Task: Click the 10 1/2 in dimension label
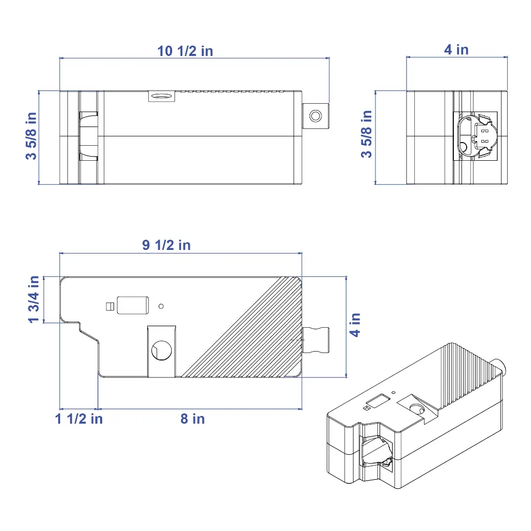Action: pos(185,51)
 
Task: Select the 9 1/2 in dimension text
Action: pos(166,245)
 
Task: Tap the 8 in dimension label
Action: pos(192,418)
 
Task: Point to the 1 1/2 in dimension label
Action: pos(79,418)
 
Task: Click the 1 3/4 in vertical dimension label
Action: pos(34,299)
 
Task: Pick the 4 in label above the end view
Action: pos(456,49)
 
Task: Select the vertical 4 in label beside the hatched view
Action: pos(355,325)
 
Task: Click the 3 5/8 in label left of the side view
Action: pos(32,136)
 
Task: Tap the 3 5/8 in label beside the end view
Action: pos(367,134)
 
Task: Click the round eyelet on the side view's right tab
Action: pos(315,115)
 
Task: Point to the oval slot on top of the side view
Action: pos(161,95)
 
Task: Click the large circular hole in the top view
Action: pos(161,350)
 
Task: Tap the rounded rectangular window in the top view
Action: pos(133,305)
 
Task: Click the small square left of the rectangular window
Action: pos(109,306)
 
